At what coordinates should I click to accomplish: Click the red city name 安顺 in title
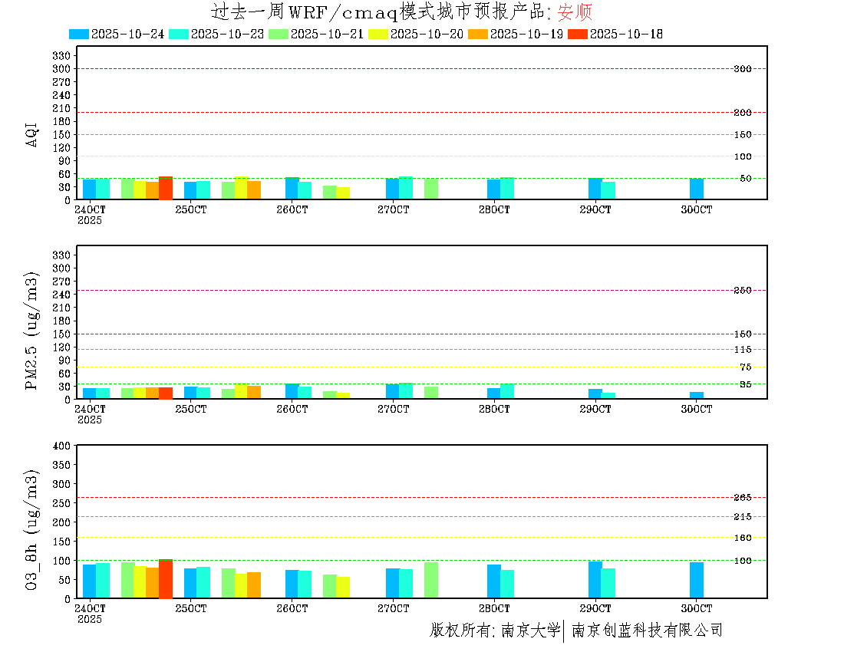point(575,12)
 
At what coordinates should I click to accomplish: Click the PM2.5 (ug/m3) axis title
point(31,331)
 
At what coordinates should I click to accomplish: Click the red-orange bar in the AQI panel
point(166,188)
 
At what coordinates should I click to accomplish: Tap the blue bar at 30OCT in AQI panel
point(696,189)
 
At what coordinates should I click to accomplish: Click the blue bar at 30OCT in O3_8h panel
point(696,580)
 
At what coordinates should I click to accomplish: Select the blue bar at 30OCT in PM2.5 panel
point(696,395)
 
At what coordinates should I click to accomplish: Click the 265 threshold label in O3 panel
point(742,498)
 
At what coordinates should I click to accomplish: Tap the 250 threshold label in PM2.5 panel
point(742,291)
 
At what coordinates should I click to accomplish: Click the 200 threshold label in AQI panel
point(742,113)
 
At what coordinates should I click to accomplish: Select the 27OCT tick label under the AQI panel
point(393,209)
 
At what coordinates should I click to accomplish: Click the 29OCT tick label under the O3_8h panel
point(595,608)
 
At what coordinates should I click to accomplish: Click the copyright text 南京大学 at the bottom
point(531,631)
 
